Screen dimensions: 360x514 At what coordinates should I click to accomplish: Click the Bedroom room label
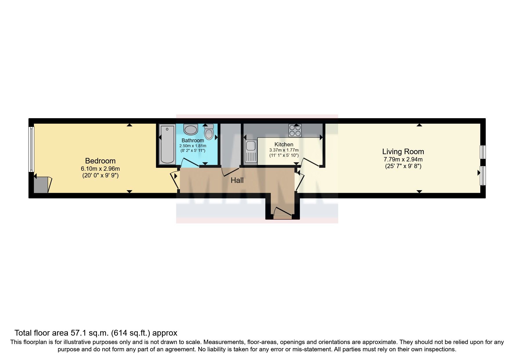100,161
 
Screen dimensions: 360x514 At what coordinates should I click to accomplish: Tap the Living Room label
403,152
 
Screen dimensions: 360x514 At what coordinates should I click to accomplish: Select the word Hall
237,181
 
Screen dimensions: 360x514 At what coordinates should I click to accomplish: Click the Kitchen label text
284,144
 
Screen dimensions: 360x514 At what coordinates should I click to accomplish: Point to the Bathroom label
193,141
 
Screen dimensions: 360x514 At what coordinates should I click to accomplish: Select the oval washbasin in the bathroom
190,129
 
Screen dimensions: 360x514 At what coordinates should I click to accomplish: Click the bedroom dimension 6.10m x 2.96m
100,168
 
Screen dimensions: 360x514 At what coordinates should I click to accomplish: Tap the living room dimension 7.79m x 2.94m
403,159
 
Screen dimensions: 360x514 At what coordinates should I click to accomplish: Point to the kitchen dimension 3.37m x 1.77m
284,150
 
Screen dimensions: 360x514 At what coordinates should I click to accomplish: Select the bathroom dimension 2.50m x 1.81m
193,146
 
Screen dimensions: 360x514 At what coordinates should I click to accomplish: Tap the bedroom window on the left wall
31,149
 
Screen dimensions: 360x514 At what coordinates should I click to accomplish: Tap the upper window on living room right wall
483,152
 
